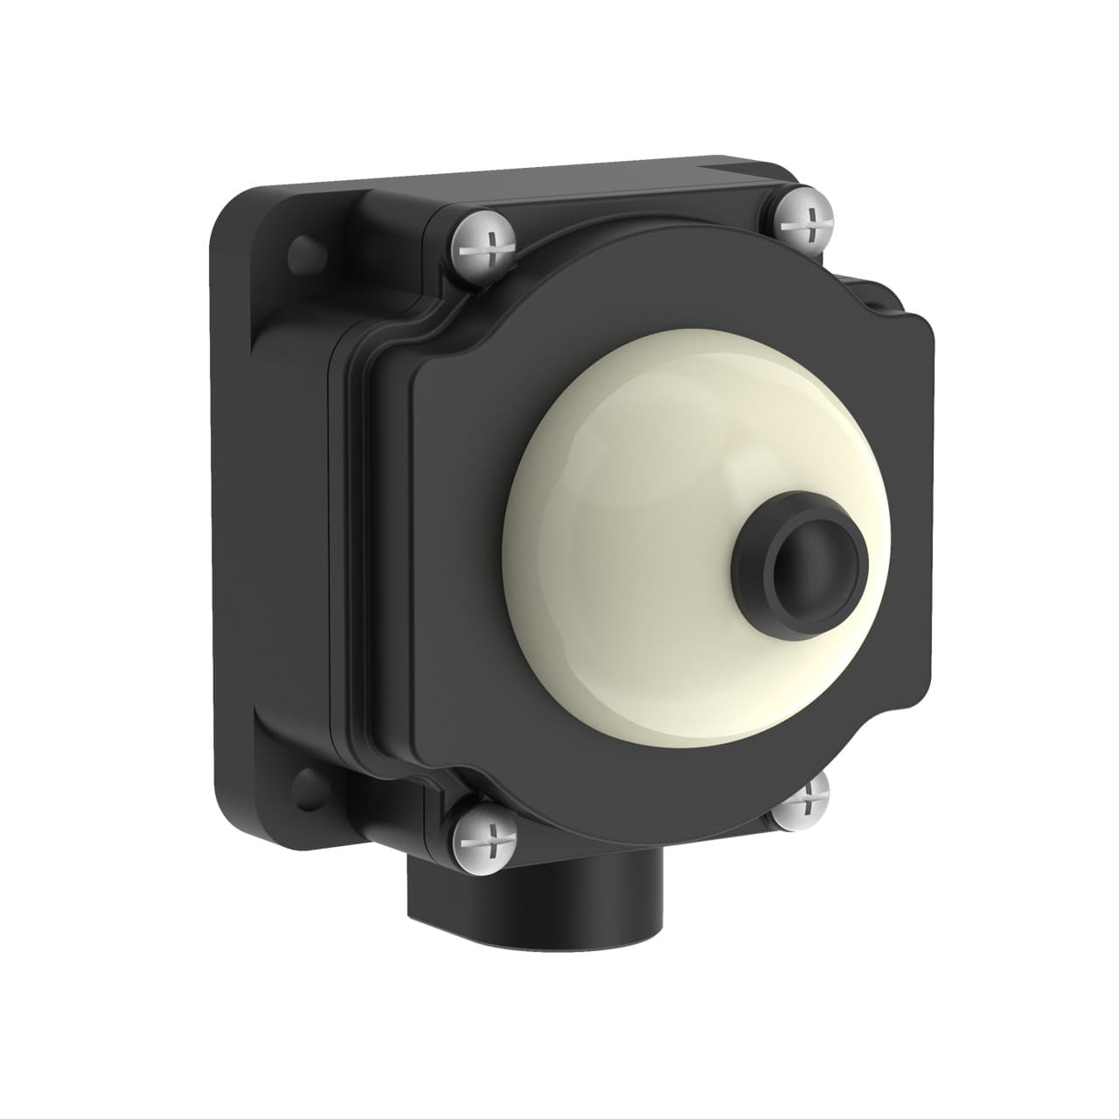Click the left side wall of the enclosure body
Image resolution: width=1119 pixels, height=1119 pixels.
coord(288,525)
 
